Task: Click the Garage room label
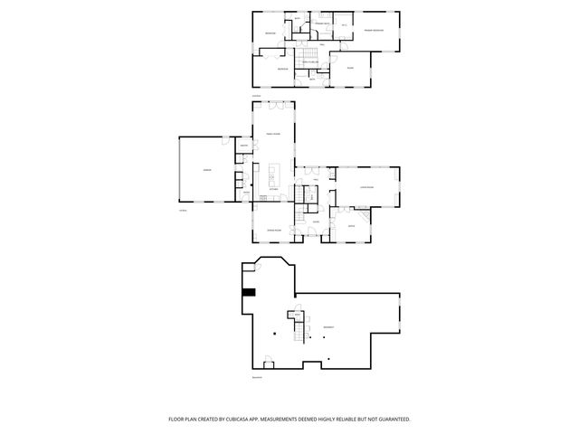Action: [206, 170]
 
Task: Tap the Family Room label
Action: [272, 134]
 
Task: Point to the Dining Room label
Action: [273, 231]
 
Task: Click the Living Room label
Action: [366, 186]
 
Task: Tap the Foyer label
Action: [317, 222]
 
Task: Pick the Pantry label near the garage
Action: [244, 146]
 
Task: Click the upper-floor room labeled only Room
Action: [349, 67]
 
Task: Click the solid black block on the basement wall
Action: [250, 292]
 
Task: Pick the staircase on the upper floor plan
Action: [310, 58]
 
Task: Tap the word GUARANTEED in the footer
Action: [390, 420]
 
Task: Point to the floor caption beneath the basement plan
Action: [257, 377]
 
